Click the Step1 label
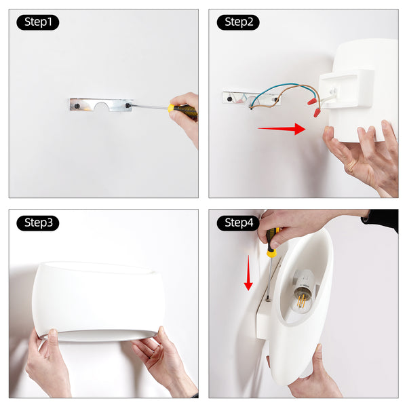click(x=38, y=22)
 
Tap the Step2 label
click(x=238, y=22)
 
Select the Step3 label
click(x=38, y=223)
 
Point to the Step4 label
click(x=238, y=223)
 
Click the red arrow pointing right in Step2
click(x=282, y=129)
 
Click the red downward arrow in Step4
click(x=248, y=273)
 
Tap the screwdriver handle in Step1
click(x=182, y=111)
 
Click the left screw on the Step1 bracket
click(x=77, y=106)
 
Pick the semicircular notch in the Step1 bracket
click(x=101, y=106)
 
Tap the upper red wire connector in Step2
click(x=312, y=101)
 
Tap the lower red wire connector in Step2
click(x=317, y=113)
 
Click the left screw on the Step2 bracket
click(x=230, y=99)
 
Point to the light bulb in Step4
click(x=302, y=296)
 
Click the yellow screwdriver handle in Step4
click(x=272, y=242)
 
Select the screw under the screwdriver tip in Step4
click(x=268, y=300)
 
